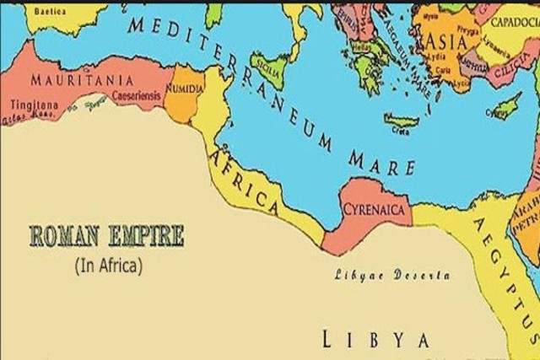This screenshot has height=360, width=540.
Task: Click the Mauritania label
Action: click(82, 79)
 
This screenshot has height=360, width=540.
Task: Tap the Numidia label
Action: click(185, 87)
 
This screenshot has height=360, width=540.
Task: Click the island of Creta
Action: click(402, 121)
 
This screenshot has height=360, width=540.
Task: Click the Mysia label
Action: click(431, 15)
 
